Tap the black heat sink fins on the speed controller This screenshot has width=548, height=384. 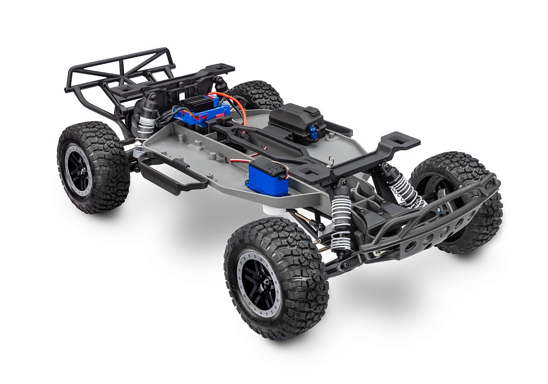[x=197, y=101]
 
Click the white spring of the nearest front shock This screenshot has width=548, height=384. [x=341, y=219]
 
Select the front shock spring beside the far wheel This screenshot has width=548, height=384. [x=406, y=189]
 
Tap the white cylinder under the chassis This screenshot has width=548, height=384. [x=273, y=209]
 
